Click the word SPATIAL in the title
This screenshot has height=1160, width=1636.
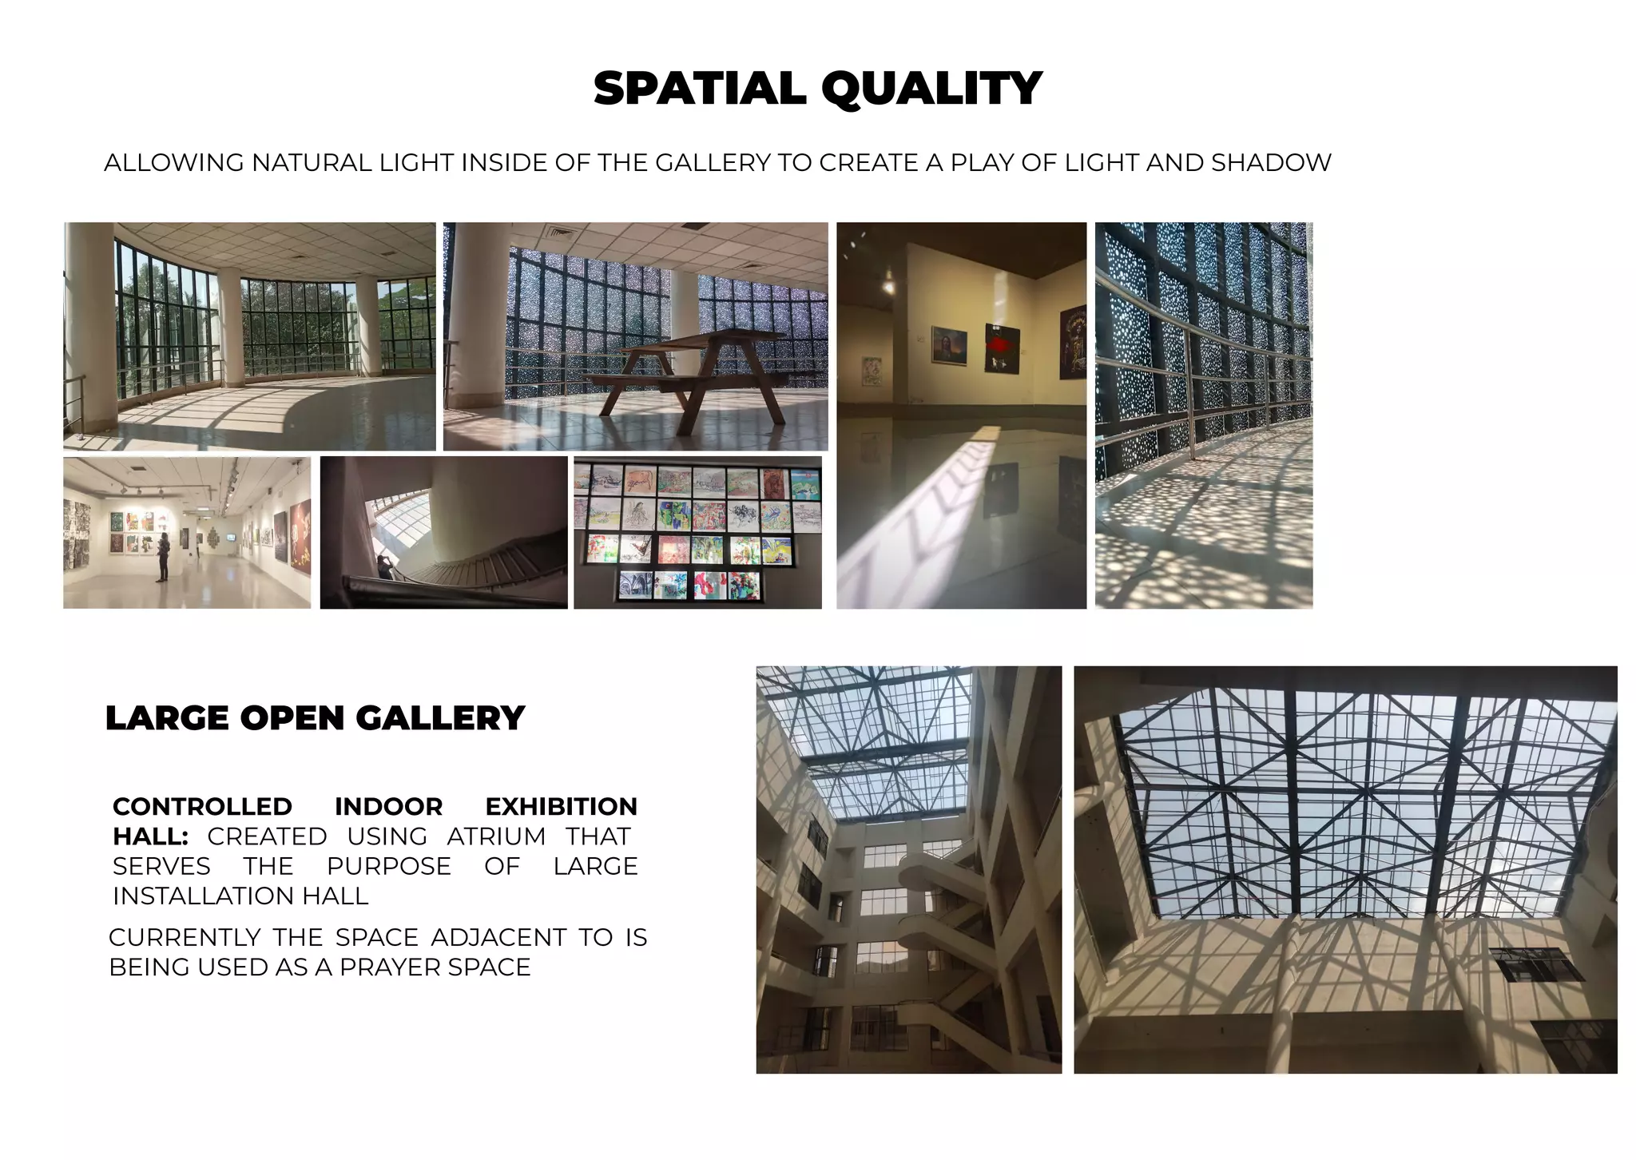click(700, 88)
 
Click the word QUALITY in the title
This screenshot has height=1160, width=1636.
click(931, 88)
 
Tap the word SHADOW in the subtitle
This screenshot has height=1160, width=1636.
click(1271, 163)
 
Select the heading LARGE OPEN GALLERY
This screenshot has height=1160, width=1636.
click(315, 718)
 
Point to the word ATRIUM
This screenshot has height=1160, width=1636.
click(495, 836)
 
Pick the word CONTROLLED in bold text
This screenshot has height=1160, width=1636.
click(202, 807)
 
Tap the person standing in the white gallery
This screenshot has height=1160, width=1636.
click(163, 556)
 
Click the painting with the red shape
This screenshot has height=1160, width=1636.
click(1002, 348)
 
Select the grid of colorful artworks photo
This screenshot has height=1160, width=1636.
click(697, 532)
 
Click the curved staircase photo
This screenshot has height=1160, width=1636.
click(443, 532)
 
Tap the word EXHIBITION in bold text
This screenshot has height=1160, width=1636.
click(561, 807)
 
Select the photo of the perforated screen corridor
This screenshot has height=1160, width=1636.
click(1203, 415)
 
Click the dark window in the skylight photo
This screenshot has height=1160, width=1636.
click(1538, 964)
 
